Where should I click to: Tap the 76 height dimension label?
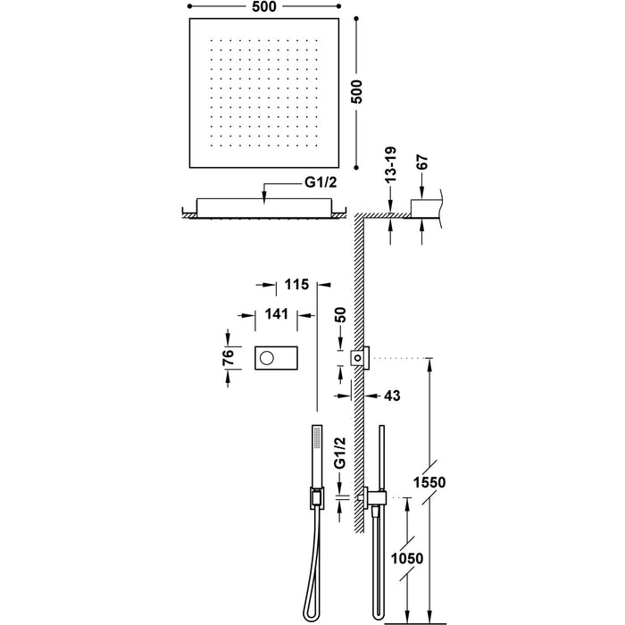pyautogui.click(x=229, y=359)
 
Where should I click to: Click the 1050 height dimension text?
pyautogui.click(x=408, y=559)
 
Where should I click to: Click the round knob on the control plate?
pyautogui.click(x=266, y=359)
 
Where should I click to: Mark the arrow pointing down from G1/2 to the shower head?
pyautogui.click(x=264, y=191)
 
